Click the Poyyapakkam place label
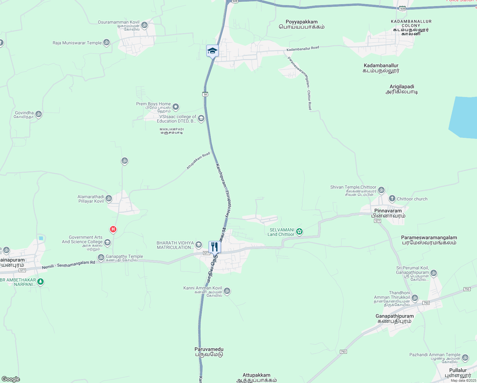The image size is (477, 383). point(302,24)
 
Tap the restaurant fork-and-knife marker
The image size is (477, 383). point(215,247)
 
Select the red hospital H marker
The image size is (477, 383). point(113,229)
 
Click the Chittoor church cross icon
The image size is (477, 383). point(392,199)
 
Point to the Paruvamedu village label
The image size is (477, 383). point(209,352)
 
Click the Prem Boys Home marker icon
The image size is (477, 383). point(176,107)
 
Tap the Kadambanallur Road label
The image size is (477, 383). point(303,49)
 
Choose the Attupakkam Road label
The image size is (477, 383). point(198,161)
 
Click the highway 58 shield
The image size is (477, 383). point(205,94)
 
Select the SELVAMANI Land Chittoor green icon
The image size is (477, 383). point(299,231)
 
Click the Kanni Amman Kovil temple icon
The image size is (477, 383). point(227,291)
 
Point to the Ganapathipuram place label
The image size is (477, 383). point(394,319)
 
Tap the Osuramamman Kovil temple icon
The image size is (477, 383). point(144,25)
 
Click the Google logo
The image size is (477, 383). point(11,379)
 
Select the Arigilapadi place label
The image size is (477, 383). point(402,89)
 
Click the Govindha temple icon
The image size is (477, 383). point(39,114)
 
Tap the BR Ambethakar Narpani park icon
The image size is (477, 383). point(40,282)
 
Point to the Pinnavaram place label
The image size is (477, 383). point(388,213)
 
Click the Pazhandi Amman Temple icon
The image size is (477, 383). point(465,358)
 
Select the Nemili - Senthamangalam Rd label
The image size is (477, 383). point(69,265)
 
